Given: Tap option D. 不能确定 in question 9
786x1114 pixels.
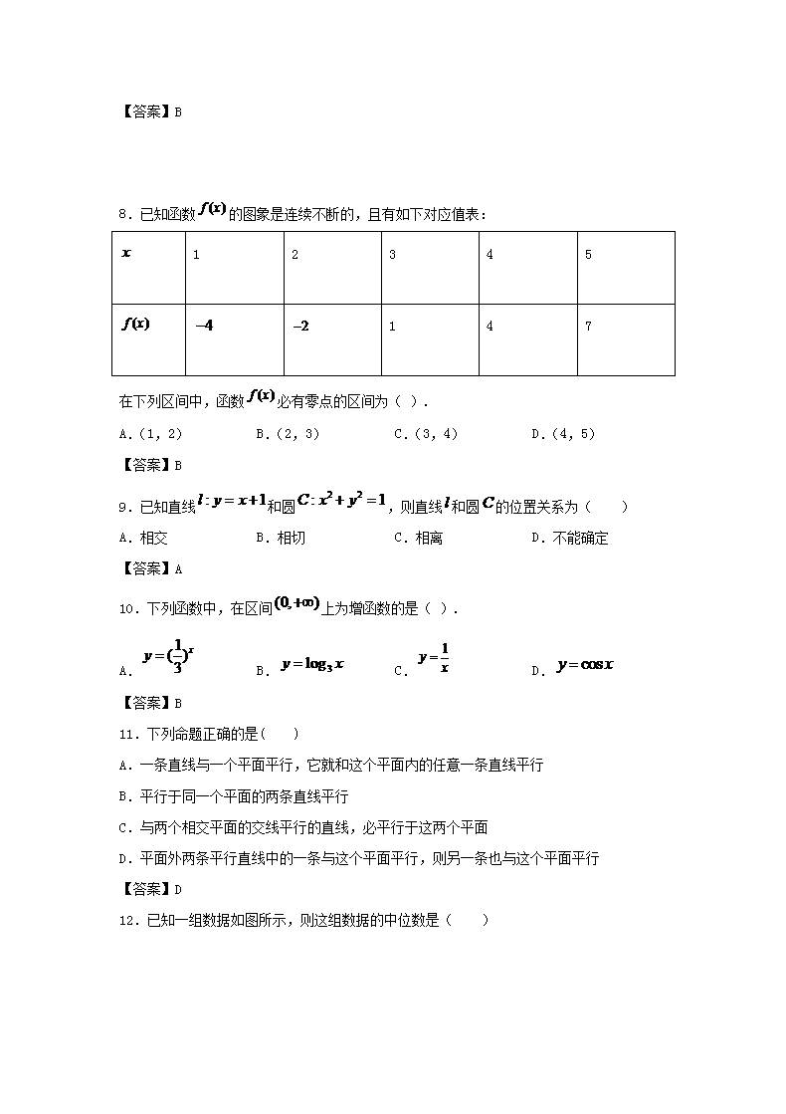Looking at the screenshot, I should click(x=570, y=539).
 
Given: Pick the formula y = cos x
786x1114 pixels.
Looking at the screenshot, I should click(x=585, y=664).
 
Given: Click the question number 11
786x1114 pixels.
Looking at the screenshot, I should click(x=126, y=735).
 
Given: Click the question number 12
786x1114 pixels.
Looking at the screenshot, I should click(x=126, y=921).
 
